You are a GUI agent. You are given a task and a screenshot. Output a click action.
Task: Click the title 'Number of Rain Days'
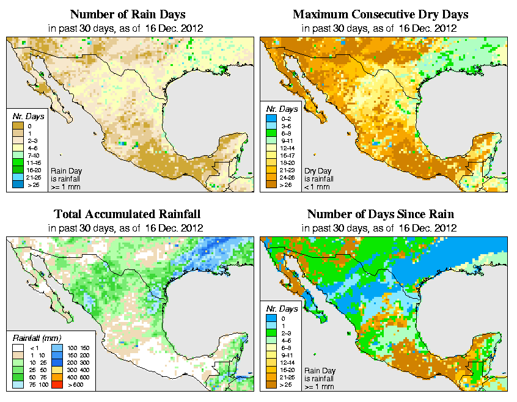click(x=128, y=14)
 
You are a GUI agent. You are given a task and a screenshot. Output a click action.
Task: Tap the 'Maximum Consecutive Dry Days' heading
click(x=380, y=14)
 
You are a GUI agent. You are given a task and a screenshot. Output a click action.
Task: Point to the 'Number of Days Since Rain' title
click(x=380, y=214)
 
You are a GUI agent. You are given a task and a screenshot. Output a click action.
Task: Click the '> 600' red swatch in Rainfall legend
click(x=56, y=386)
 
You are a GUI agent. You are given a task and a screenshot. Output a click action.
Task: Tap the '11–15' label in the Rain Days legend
click(x=34, y=164)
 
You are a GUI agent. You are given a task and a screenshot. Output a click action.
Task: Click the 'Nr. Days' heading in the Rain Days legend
click(x=26, y=116)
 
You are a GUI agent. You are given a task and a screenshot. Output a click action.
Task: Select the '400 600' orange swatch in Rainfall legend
click(x=56, y=378)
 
